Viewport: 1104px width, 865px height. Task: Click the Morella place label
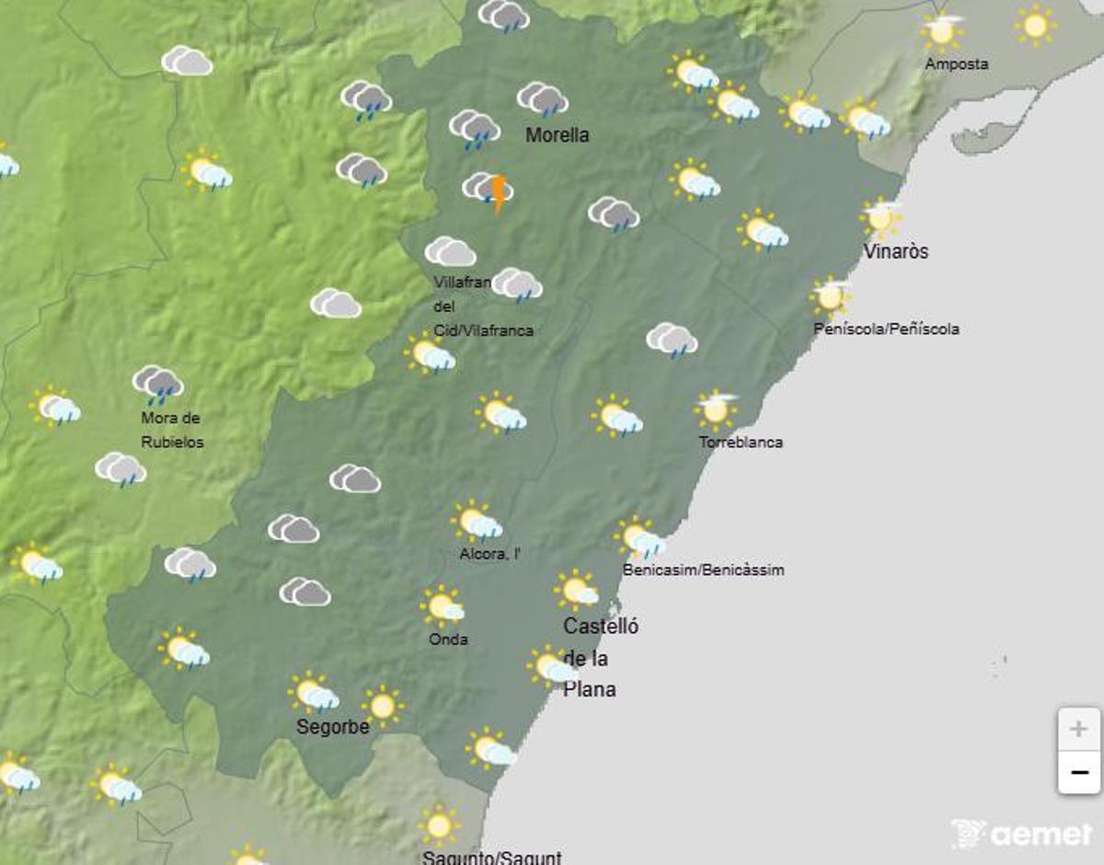[x=557, y=135]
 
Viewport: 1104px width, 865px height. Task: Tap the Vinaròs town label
[x=895, y=251]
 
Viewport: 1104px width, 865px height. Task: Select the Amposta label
[x=957, y=64]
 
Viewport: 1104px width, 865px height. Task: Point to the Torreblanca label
[x=741, y=442]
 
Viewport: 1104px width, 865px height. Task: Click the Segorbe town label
[x=332, y=727]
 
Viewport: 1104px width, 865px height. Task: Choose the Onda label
[x=448, y=639]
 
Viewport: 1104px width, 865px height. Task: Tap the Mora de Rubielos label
[x=171, y=430]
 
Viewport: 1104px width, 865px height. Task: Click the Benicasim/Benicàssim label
[x=703, y=570]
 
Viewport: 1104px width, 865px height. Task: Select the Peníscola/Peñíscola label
[x=886, y=329]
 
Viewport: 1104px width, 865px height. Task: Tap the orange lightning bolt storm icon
[x=498, y=193]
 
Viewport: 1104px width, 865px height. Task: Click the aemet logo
[x=1020, y=834]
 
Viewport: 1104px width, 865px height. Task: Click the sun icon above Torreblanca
[x=715, y=409]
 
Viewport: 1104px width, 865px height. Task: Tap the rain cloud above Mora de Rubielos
[x=158, y=384]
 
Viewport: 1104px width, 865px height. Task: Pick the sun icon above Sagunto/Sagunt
[x=439, y=825]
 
